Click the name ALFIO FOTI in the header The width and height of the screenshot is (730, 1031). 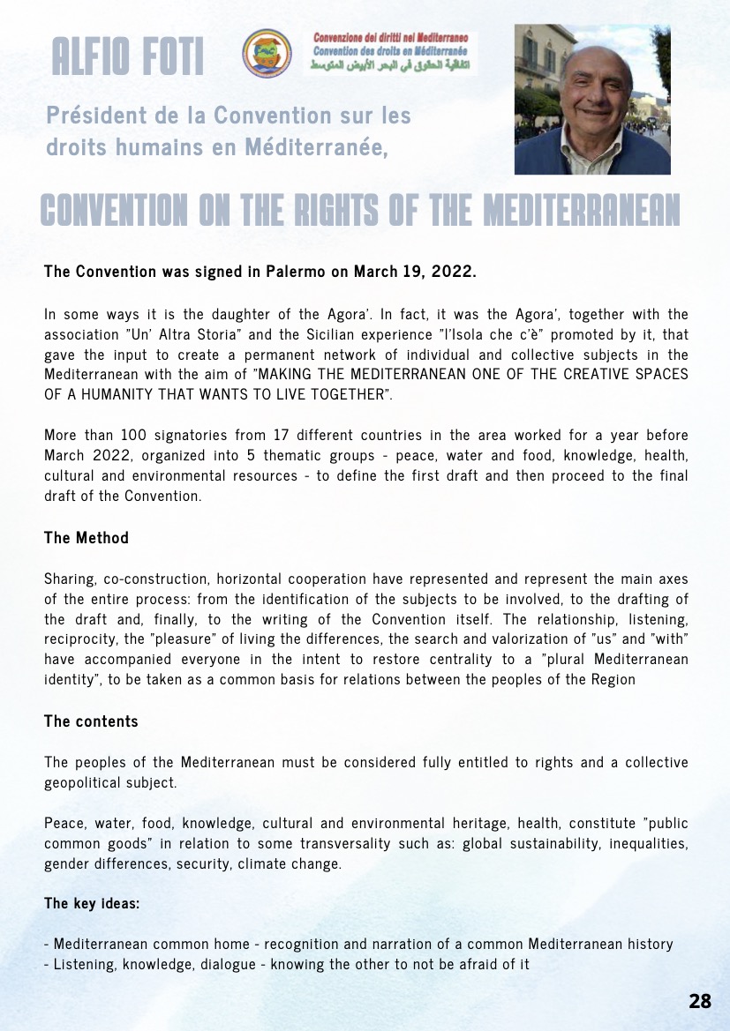click(x=128, y=57)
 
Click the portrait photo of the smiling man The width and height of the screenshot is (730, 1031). click(x=592, y=99)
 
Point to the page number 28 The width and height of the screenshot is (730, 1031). click(x=700, y=1001)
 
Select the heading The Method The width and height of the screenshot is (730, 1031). click(x=87, y=537)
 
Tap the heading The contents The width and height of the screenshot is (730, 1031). click(x=91, y=721)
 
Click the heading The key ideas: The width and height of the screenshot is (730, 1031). click(x=87, y=903)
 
